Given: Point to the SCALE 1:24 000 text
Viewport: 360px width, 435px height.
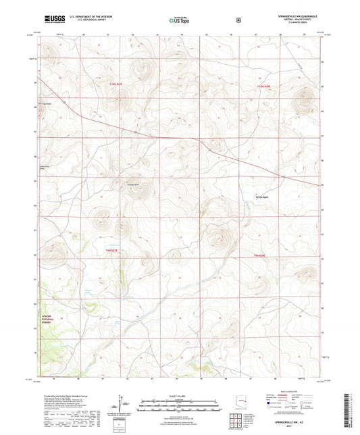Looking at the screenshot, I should click(x=180, y=395).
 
